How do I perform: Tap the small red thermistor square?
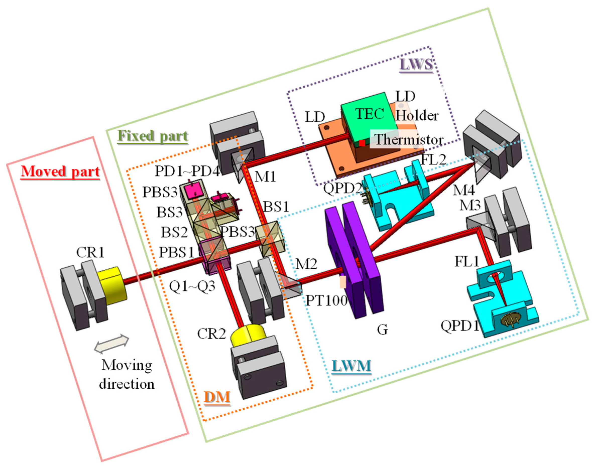pyautogui.click(x=362, y=143)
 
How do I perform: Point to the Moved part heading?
pyautogui.click(x=60, y=172)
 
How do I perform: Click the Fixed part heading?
pyautogui.click(x=153, y=136)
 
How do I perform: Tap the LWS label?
pyautogui.click(x=416, y=64)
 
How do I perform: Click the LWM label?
pyautogui.click(x=351, y=366)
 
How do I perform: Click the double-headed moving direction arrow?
pyautogui.click(x=111, y=343)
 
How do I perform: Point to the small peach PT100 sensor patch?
pyautogui.click(x=343, y=282)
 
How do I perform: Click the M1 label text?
pyautogui.click(x=265, y=177)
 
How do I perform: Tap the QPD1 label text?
pyautogui.click(x=460, y=326)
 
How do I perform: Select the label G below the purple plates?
pyautogui.click(x=382, y=330)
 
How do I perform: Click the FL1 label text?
pyautogui.click(x=467, y=262)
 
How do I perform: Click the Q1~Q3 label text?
pyautogui.click(x=192, y=286)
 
